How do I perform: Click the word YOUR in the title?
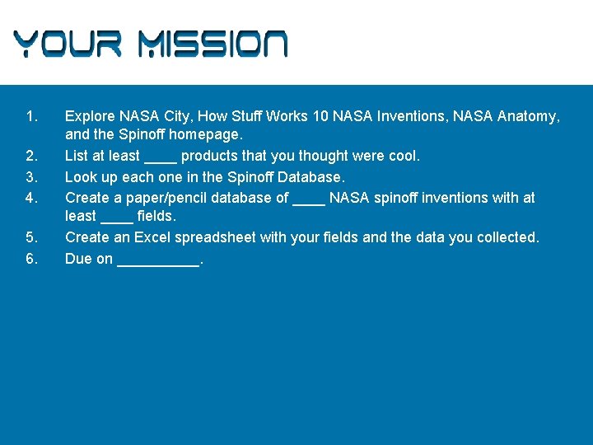tap(68, 44)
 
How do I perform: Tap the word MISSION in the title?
tap(212, 44)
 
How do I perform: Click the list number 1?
tap(31, 116)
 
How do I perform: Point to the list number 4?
tap(31, 198)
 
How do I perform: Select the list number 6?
tap(31, 259)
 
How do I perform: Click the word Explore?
tap(90, 116)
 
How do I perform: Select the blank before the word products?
tap(161, 158)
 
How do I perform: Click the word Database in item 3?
tap(311, 177)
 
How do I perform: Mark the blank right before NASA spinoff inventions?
tap(309, 200)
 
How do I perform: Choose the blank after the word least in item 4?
tap(116, 219)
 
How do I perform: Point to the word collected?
tap(509, 237)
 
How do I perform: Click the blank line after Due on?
tap(158, 262)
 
